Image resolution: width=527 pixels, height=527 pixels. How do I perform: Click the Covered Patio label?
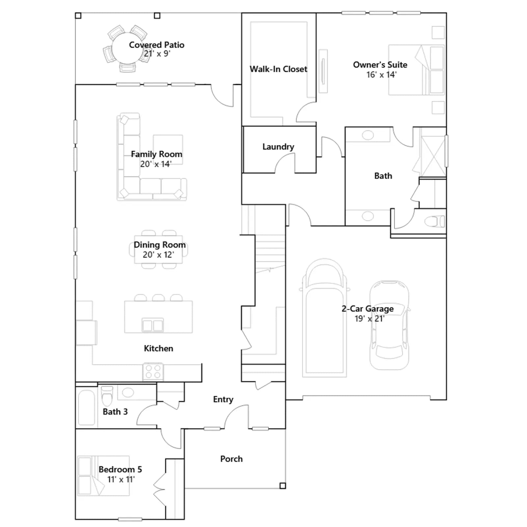pyautogui.click(x=156, y=45)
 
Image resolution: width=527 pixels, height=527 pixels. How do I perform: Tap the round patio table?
pyautogui.click(x=127, y=48)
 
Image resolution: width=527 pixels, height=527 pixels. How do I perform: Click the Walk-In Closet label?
pyautogui.click(x=278, y=69)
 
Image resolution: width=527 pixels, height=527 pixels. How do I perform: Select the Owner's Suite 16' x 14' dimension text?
pyautogui.click(x=381, y=75)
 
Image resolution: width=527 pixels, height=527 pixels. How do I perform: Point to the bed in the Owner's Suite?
pyautogui.click(x=417, y=70)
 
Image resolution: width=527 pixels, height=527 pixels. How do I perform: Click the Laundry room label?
pyautogui.click(x=278, y=147)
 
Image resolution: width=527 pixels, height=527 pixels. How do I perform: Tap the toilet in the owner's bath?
pyautogui.click(x=435, y=221)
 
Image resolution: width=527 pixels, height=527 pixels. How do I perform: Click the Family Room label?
pyautogui.click(x=156, y=154)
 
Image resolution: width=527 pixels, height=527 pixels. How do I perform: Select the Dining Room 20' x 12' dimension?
pyautogui.click(x=158, y=255)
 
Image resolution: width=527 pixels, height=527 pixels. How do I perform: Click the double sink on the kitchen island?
pyautogui.click(x=153, y=325)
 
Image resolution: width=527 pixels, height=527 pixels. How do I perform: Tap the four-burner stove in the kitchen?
pyautogui.click(x=153, y=372)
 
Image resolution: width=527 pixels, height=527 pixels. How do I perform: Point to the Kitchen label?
pyautogui.click(x=158, y=348)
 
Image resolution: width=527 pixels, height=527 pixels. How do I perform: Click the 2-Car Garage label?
pyautogui.click(x=368, y=309)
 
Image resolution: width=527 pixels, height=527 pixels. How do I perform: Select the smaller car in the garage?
pyautogui.click(x=389, y=325)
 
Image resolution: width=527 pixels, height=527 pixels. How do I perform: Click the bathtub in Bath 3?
pyautogui.click(x=87, y=408)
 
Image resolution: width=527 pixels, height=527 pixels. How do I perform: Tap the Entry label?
pyautogui.click(x=223, y=400)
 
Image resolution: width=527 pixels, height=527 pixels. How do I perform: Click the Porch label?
pyautogui.click(x=231, y=459)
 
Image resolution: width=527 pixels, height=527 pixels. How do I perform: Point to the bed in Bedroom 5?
pyautogui.click(x=103, y=476)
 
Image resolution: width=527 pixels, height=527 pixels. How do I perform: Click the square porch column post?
pyautogui.click(x=283, y=486)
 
